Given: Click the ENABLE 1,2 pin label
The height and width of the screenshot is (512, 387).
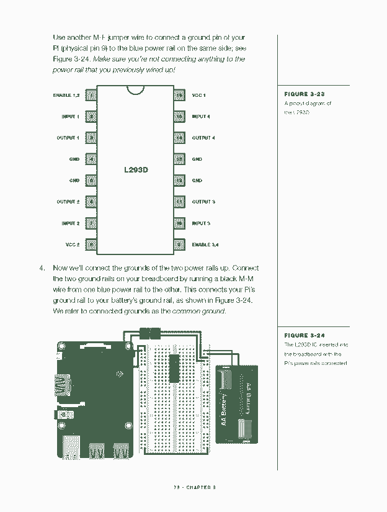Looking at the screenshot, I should (66, 95).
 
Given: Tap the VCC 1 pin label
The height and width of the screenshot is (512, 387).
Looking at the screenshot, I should (198, 95).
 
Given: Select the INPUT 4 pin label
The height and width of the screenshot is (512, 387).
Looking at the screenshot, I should (201, 117).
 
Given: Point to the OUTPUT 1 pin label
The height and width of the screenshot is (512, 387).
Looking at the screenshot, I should (68, 138).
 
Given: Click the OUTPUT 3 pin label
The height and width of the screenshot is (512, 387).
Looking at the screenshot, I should (203, 202).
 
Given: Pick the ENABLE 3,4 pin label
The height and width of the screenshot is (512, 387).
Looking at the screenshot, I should (205, 245).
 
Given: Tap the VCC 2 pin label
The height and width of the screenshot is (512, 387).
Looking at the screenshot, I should (72, 245).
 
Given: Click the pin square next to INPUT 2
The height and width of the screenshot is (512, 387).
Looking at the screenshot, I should (91, 223).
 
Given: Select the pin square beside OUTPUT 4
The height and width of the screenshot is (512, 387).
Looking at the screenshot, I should (180, 138).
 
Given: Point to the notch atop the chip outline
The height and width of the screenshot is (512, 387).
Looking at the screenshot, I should (136, 90).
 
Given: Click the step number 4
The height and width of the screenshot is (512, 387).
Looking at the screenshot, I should (42, 268).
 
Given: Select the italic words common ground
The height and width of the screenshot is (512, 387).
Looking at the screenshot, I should (198, 310).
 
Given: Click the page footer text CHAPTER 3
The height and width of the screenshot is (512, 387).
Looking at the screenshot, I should (202, 487).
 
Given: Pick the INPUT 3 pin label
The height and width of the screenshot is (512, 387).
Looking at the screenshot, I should (201, 223).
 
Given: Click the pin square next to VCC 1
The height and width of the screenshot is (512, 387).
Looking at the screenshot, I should (180, 95).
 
